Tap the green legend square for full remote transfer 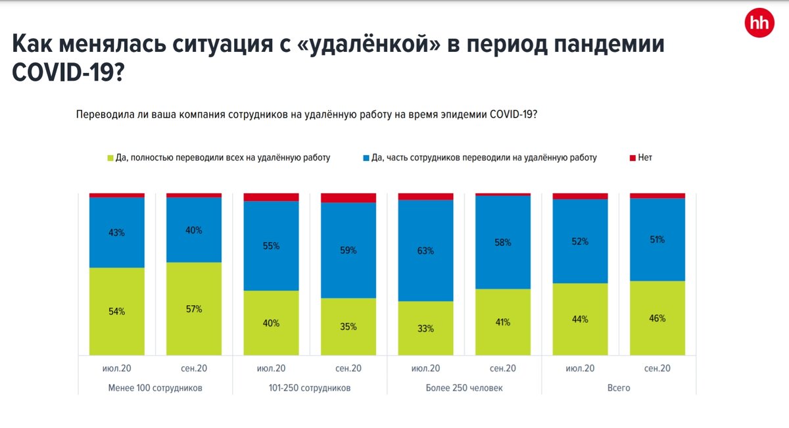(x=110, y=158)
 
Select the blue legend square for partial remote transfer (x=366, y=158)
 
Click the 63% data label (x=425, y=250)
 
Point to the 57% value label (x=194, y=309)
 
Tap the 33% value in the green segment (x=425, y=328)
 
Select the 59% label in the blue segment (x=348, y=250)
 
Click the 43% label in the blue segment (x=116, y=232)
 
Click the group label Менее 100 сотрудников (x=155, y=388)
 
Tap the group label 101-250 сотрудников (x=310, y=388)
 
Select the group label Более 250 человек (x=464, y=388)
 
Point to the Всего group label (x=619, y=388)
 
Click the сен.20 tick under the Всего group (x=657, y=368)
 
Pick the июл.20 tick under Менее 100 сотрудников (x=116, y=368)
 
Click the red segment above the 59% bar (x=348, y=198)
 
